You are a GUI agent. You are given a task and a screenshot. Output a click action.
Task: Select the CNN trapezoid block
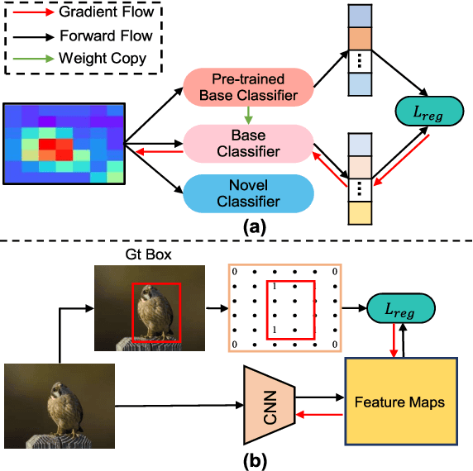click(270, 403)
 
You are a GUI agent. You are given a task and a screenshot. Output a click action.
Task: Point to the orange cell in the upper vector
click(361, 39)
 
